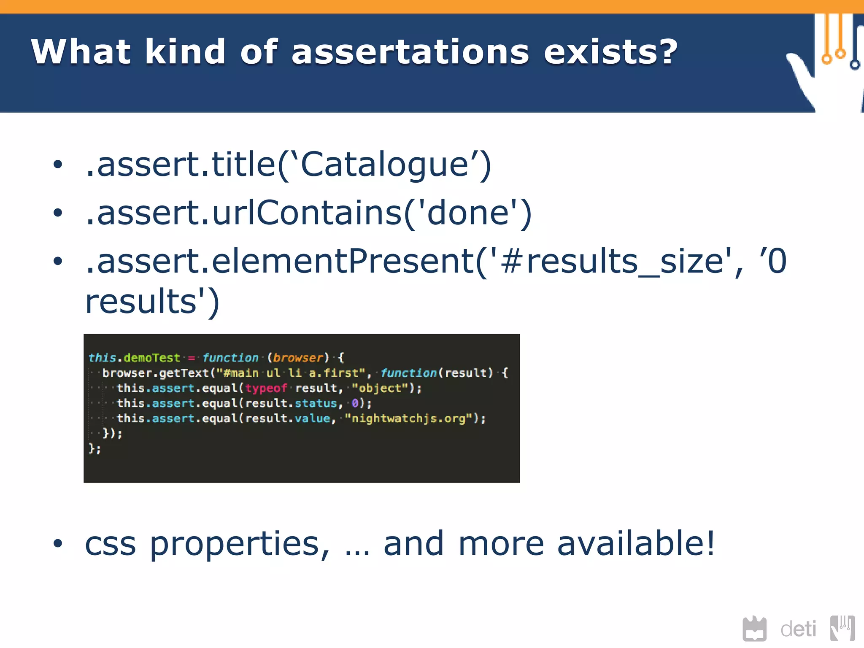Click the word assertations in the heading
tap(410, 52)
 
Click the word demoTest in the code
tap(151, 358)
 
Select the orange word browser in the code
tap(298, 358)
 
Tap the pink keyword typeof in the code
tap(266, 388)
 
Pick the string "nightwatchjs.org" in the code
tap(408, 418)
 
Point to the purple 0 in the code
tap(355, 403)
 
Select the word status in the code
tap(316, 403)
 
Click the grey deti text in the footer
tap(798, 629)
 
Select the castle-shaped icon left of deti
tap(754, 629)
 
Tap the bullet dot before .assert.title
tap(58, 164)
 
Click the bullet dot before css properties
tap(58, 544)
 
